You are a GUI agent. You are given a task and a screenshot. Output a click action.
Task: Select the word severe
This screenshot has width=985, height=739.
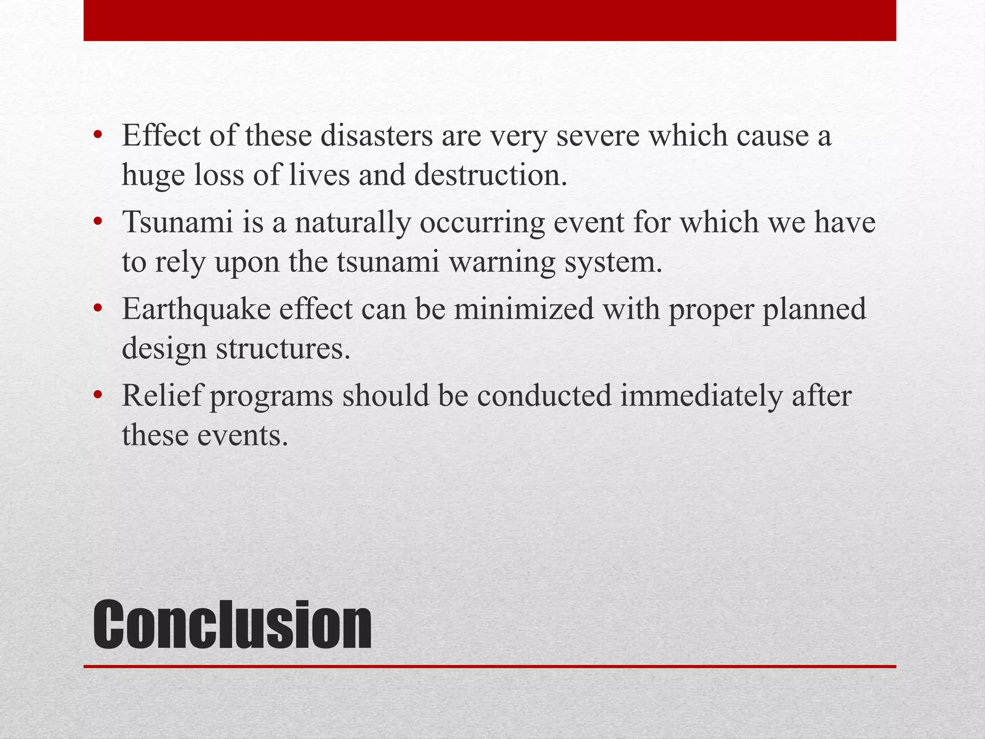coord(598,136)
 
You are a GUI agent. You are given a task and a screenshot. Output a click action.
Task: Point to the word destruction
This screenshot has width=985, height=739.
coord(491,175)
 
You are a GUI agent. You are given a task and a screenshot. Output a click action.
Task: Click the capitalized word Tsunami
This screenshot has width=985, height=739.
coord(177,222)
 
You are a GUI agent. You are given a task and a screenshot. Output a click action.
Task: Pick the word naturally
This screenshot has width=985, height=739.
coord(353,223)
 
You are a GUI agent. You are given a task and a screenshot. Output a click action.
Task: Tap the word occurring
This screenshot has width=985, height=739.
coord(482,223)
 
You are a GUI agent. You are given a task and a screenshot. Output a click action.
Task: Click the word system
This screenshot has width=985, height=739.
coord(613,263)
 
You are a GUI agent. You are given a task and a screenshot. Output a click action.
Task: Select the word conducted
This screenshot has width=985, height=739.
coord(543,395)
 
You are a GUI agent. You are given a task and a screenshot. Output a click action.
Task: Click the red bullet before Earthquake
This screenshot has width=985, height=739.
coord(98,308)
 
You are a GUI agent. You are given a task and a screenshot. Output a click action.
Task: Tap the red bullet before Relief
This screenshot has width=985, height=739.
coord(98,395)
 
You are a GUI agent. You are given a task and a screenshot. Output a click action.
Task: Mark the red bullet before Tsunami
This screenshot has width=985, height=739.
coord(98,222)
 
